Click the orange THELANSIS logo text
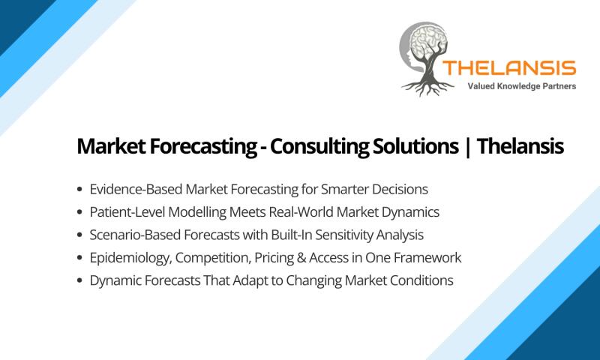[509, 68]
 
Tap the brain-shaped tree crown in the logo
[429, 41]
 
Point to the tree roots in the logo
[427, 87]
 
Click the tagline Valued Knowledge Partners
[521, 86]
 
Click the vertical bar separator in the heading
[467, 147]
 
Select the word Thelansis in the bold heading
[520, 145]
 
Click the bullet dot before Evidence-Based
[79, 189]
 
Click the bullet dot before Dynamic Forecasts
[79, 280]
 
